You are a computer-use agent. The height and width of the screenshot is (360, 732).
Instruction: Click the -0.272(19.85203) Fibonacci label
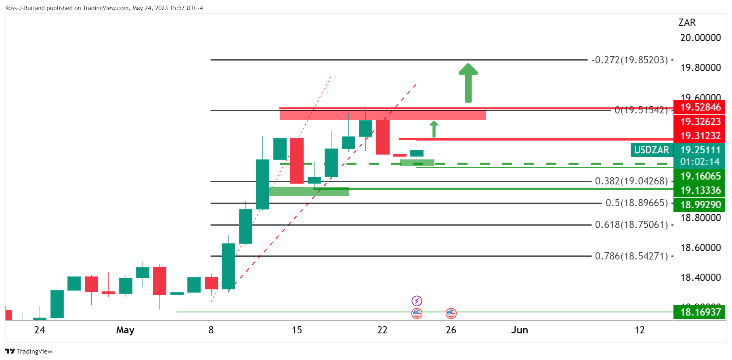[630, 60]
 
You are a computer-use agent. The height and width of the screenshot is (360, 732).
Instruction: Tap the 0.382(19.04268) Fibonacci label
[631, 181]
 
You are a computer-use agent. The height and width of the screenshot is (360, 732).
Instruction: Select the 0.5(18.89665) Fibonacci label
[637, 203]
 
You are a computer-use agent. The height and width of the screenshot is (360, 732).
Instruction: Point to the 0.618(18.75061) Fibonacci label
[631, 225]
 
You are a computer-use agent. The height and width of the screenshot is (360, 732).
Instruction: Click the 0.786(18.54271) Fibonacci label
[631, 256]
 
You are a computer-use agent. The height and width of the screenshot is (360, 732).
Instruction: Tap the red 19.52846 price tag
[700, 107]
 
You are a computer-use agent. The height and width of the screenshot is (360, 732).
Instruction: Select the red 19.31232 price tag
[700, 136]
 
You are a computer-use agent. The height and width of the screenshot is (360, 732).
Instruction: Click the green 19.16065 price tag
[700, 176]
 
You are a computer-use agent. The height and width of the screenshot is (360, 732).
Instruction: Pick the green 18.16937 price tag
[700, 312]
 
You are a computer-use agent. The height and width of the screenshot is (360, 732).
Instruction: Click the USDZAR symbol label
[651, 150]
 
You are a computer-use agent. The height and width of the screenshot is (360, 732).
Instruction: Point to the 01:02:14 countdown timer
[700, 162]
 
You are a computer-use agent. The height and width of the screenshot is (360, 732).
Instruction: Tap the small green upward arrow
[434, 129]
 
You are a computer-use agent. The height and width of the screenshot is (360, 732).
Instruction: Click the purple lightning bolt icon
[417, 301]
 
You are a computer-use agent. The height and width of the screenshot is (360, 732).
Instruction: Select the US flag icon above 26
[451, 313]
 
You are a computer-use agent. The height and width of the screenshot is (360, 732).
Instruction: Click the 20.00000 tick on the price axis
[700, 38]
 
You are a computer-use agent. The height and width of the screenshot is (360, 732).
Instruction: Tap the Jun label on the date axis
[519, 330]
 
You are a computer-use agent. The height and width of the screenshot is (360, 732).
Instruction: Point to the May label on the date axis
[125, 330]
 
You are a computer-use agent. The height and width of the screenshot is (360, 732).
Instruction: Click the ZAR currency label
[687, 23]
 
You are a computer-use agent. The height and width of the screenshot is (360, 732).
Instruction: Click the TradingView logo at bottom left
[29, 351]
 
